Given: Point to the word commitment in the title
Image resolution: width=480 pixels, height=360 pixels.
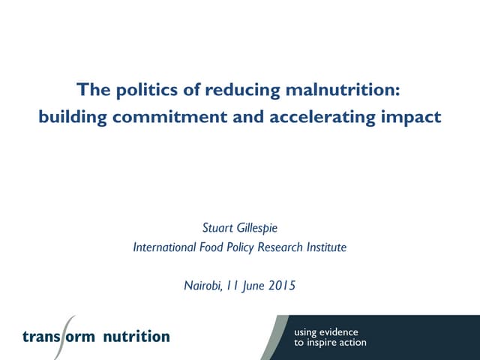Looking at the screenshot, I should (x=157, y=118).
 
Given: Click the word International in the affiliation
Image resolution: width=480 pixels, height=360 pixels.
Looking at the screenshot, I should (x=160, y=247).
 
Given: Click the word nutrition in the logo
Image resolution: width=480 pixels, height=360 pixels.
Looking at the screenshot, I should (x=136, y=336).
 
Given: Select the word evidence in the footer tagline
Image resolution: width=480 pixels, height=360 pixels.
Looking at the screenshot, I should (x=337, y=331).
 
